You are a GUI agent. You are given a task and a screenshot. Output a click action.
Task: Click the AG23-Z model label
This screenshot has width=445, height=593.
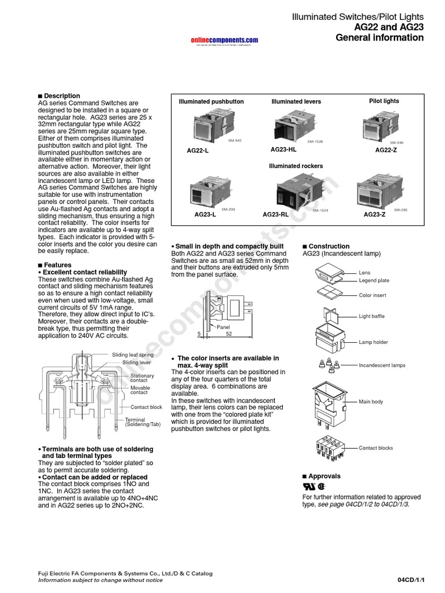click(x=374, y=215)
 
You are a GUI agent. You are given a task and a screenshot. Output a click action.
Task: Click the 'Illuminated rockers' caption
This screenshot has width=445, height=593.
click(x=296, y=166)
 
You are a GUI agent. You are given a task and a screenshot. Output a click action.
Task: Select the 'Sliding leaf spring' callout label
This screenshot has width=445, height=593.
click(x=133, y=354)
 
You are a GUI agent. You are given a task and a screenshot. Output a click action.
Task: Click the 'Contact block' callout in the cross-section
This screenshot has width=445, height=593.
click(x=146, y=407)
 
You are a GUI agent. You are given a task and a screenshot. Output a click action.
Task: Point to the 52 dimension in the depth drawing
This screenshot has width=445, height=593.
click(x=229, y=334)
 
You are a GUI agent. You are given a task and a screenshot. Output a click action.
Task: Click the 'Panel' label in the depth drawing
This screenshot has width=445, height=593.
click(x=223, y=327)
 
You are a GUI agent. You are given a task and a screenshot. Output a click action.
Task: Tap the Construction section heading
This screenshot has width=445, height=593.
click(x=329, y=246)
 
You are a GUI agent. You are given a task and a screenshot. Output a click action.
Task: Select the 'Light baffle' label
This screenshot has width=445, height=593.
click(x=371, y=316)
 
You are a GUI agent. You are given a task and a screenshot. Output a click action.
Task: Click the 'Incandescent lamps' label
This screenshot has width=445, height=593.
click(x=382, y=365)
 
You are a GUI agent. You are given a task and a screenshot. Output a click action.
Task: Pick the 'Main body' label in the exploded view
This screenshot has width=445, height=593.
click(x=371, y=401)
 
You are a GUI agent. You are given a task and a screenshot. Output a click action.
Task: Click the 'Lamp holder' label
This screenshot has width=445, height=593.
click(x=373, y=342)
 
